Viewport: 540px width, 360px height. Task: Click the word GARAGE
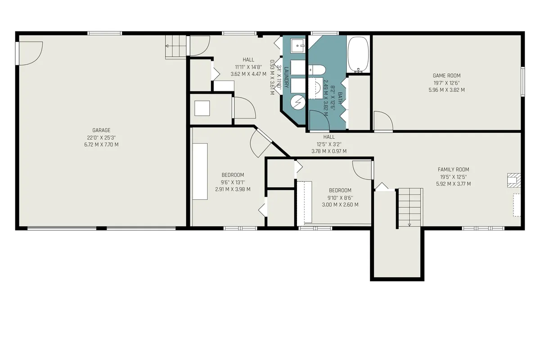click(x=101, y=130)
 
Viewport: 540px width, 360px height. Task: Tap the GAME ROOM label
click(x=446, y=76)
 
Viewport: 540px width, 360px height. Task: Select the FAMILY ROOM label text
click(x=453, y=170)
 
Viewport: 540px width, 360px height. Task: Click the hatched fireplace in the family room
click(x=513, y=180)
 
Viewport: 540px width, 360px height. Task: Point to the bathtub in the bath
click(x=359, y=54)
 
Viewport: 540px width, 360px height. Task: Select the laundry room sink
click(x=298, y=46)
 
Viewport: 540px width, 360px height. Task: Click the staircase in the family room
click(x=410, y=207)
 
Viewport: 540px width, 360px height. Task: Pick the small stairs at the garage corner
click(x=175, y=47)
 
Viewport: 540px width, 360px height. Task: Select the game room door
click(x=383, y=121)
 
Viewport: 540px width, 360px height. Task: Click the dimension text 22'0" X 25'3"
click(x=101, y=138)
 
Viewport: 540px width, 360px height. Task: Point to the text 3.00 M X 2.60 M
click(x=340, y=205)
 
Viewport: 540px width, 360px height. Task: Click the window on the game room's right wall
click(x=523, y=81)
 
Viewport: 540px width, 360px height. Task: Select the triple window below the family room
click(x=484, y=228)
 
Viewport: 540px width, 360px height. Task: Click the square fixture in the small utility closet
click(x=202, y=108)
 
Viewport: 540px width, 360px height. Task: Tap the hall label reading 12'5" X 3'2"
click(x=329, y=144)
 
